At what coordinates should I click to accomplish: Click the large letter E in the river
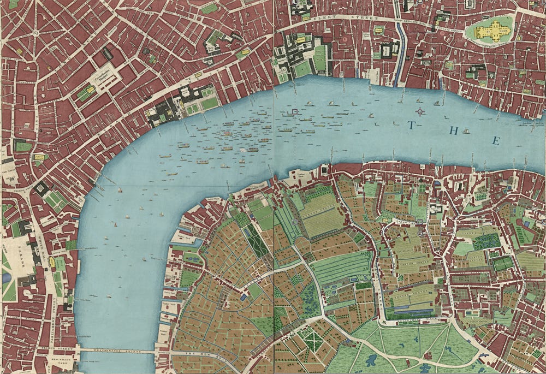tap(496, 141)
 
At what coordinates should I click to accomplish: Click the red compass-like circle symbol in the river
tap(420, 112)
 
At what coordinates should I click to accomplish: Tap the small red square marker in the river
tap(295, 112)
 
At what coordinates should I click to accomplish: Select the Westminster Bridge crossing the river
tap(117, 349)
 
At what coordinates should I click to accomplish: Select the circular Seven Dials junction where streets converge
tap(35, 32)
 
